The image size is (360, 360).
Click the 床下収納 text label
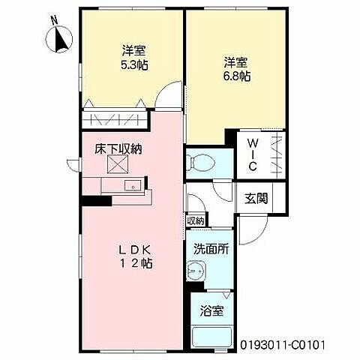coord(118,148)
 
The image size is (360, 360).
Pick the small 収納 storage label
coord(195,220)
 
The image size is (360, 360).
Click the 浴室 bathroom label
coord(210,310)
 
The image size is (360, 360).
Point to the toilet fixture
coord(201,160)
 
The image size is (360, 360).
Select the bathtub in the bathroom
coord(211,336)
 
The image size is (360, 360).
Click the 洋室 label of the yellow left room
coord(134,52)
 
